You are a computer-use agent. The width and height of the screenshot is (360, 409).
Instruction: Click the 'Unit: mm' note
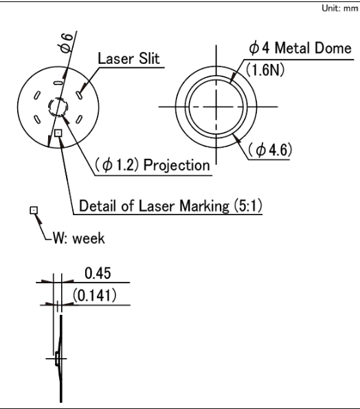pyautogui.click(x=340, y=8)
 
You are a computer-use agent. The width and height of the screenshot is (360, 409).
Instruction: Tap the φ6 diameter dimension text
pyautogui.click(x=65, y=43)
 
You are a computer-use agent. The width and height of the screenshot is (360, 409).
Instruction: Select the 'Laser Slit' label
pyautogui.click(x=128, y=58)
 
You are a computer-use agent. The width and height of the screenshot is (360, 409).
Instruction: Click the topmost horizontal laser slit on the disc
pyautogui.click(x=58, y=83)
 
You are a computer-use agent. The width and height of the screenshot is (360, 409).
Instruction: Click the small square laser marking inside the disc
pyautogui.click(x=58, y=133)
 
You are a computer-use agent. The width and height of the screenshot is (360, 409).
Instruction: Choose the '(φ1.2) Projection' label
pyautogui.click(x=152, y=165)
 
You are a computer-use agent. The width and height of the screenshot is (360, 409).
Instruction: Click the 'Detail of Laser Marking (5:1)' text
pyautogui.click(x=170, y=206)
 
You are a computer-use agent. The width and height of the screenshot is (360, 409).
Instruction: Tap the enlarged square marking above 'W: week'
pyautogui.click(x=34, y=210)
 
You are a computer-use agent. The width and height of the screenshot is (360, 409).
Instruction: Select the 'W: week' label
pyautogui.click(x=79, y=239)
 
